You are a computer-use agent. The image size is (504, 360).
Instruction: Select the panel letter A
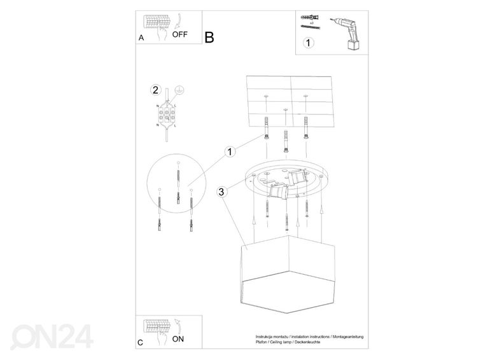pos(141,38)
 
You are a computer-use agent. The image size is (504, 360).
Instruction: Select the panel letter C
pos(141,343)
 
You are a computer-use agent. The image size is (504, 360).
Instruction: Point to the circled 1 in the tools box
pos(309,44)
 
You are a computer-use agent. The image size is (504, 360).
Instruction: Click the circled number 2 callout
pos(154,89)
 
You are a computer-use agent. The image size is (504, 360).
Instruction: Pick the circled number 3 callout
pos(220,191)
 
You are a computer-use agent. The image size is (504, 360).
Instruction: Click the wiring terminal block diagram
pos(167,115)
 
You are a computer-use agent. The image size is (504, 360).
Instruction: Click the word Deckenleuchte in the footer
pos(307,343)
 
